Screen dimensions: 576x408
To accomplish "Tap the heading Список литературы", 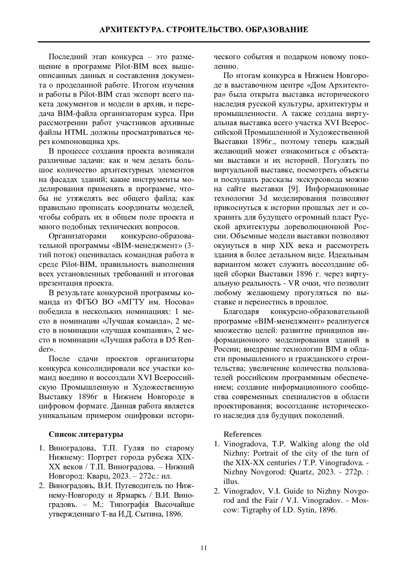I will click(86, 434).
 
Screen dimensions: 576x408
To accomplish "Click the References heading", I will click(242, 434).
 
